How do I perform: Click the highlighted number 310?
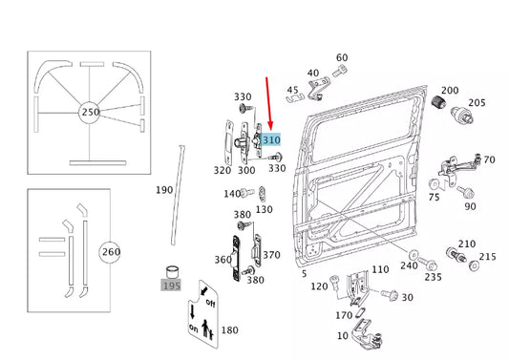pyautogui.click(x=272, y=139)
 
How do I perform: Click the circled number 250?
pyautogui.click(x=91, y=113)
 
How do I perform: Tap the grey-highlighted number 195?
pyautogui.click(x=171, y=285)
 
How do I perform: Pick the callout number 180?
pyautogui.click(x=230, y=330)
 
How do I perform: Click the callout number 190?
pyautogui.click(x=164, y=190)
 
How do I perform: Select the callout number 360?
pyautogui.click(x=223, y=260)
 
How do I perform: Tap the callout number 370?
pyautogui.click(x=271, y=255)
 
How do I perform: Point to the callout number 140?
pyautogui.click(x=231, y=194)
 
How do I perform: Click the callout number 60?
pyautogui.click(x=342, y=58)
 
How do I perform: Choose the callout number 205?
pyautogui.click(x=476, y=103)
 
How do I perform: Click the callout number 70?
pyautogui.click(x=489, y=159)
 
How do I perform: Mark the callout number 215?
pyautogui.click(x=487, y=256)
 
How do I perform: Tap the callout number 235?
pyautogui.click(x=433, y=277)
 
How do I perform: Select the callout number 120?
pyautogui.click(x=320, y=286)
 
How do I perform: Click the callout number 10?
pyautogui.click(x=342, y=335)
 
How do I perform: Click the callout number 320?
pyautogui.click(x=222, y=170)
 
